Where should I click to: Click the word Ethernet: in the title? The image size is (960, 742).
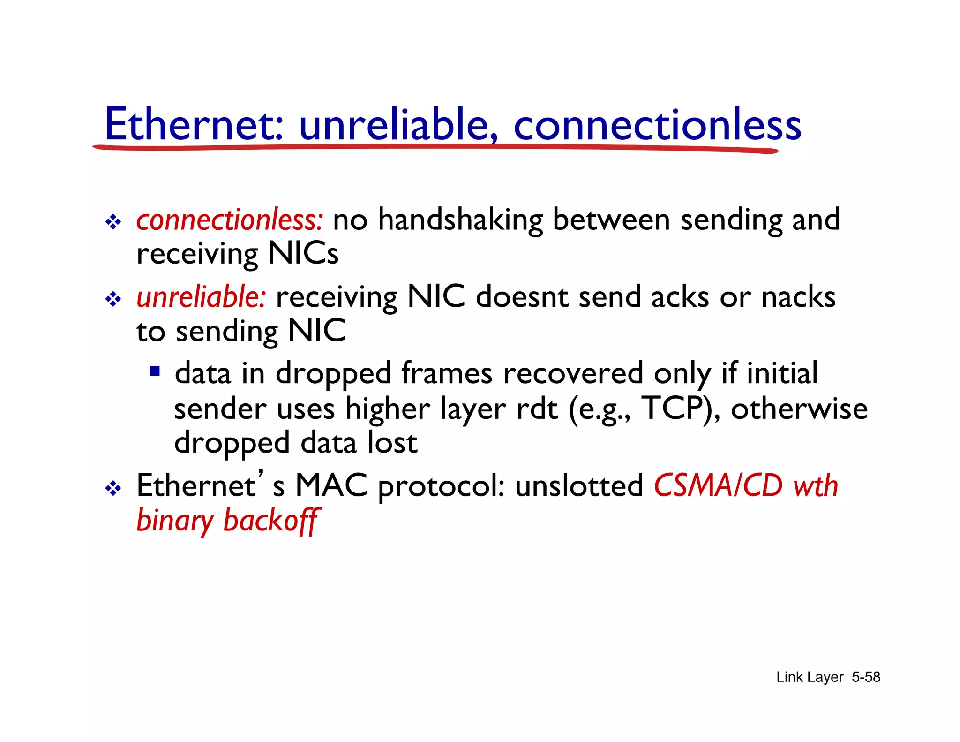coord(194,124)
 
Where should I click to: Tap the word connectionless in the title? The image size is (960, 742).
coord(658,124)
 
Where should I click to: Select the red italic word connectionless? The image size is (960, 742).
coord(230,220)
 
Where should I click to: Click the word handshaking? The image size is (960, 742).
coord(460,220)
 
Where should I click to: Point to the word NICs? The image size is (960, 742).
coord(303,254)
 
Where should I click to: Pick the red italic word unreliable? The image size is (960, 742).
coord(202,297)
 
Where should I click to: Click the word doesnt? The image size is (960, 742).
coord(522,297)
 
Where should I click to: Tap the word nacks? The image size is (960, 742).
coord(798,297)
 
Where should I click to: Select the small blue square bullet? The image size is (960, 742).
coord(155,372)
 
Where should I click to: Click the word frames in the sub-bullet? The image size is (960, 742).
coord(447,373)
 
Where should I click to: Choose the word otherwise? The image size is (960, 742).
coord(799,408)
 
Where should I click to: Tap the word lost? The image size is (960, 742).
coord(392,442)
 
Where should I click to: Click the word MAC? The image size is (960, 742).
coord(331,485)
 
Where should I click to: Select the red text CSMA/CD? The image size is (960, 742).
coord(718,485)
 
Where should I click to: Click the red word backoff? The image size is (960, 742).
coord(272,521)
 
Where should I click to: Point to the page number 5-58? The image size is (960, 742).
coord(866,677)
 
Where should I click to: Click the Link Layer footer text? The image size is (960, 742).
coord(810,677)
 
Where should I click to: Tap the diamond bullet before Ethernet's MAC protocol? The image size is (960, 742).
coord(113,488)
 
